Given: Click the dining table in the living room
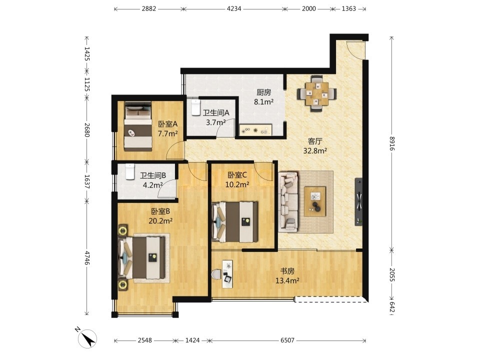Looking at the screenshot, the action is [317, 93].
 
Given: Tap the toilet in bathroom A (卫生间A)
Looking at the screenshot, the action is [195, 107].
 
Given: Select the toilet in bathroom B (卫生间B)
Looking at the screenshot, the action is [130, 171].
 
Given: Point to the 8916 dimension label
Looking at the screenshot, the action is [392, 143].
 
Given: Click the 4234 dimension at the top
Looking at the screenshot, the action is [233, 8].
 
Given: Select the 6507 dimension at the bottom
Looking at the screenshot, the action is [287, 340].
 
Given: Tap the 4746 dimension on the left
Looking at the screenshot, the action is [87, 258].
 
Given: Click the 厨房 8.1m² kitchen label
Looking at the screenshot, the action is [263, 96].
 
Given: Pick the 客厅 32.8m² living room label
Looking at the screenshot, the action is [315, 146].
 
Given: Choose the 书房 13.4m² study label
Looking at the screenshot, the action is [287, 275].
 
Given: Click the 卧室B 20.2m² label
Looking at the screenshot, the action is [160, 216].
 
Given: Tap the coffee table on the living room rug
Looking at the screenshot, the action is [314, 201].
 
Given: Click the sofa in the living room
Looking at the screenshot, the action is [288, 201].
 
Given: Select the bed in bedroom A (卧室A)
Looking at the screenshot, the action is [138, 126].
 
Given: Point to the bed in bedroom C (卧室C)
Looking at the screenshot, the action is [235, 221].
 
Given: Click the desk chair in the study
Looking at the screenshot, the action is [216, 274].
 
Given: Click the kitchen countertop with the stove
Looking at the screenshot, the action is [255, 130].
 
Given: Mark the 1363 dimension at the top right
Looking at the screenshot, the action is [348, 8].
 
